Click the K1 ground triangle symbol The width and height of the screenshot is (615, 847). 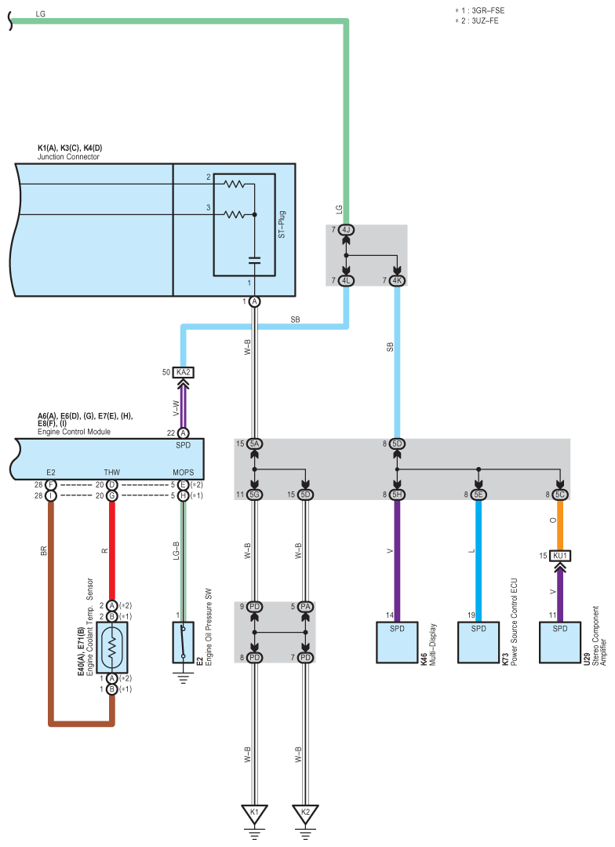pyautogui.click(x=254, y=812)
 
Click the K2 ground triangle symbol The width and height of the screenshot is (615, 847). pyautogui.click(x=305, y=812)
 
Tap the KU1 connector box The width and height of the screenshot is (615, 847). pyautogui.click(x=560, y=556)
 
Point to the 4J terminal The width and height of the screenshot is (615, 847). pyautogui.click(x=346, y=230)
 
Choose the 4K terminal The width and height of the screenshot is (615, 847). pyautogui.click(x=397, y=280)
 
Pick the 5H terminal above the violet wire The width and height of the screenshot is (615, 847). pyautogui.click(x=397, y=495)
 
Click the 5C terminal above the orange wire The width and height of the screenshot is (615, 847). pyautogui.click(x=560, y=495)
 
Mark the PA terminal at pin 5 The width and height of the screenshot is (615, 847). pyautogui.click(x=305, y=606)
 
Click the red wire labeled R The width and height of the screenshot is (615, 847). pyautogui.click(x=112, y=549)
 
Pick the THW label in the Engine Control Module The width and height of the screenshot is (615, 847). pyautogui.click(x=112, y=473)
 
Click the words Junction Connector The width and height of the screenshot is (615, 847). pyautogui.click(x=68, y=157)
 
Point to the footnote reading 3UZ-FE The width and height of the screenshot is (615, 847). pyautogui.click(x=480, y=20)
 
